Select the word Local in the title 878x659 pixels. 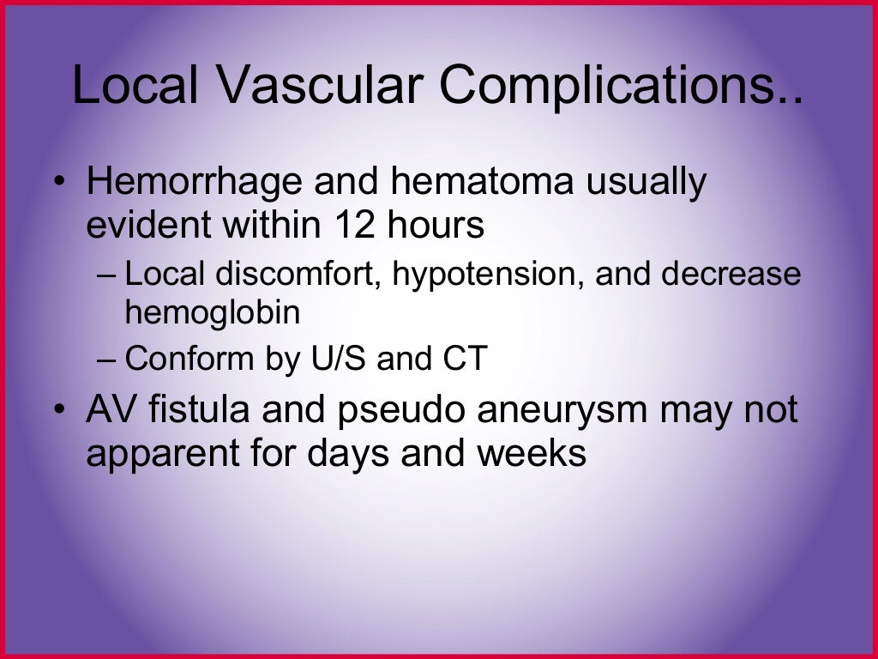coord(135,87)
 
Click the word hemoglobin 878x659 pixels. coord(213,313)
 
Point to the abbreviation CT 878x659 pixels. coord(464,359)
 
